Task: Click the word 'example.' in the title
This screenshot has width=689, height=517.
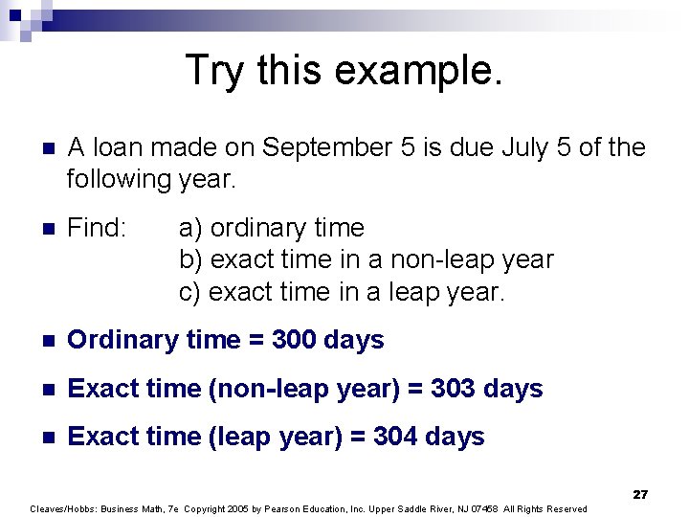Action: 421,71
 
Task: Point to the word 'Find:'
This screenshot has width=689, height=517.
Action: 99,228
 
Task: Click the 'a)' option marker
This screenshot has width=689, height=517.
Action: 191,228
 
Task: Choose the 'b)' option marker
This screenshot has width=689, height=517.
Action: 191,259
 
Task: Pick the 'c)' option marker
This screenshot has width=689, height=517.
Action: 191,291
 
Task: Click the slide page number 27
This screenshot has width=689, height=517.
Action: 640,494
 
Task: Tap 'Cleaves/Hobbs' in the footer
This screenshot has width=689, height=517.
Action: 64,508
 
